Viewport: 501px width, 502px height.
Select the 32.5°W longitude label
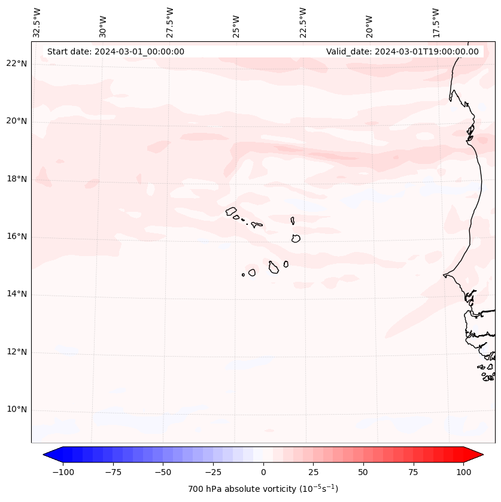pyautogui.click(x=37, y=23)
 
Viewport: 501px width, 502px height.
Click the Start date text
pyautogui.click(x=116, y=51)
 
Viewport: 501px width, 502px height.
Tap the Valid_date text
pyautogui.click(x=402, y=51)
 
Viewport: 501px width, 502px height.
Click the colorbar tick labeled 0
pyautogui.click(x=263, y=472)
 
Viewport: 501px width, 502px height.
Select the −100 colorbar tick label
pyautogui.click(x=63, y=472)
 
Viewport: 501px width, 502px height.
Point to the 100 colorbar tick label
pyautogui.click(x=463, y=472)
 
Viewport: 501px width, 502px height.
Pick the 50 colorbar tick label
pyautogui.click(x=363, y=472)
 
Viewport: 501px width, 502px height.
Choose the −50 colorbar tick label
pyautogui.click(x=163, y=472)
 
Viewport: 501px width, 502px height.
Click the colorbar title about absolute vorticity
pyautogui.click(x=263, y=489)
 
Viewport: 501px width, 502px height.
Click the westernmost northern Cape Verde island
pyautogui.click(x=231, y=211)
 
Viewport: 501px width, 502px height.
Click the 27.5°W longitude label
pyautogui.click(x=170, y=23)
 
